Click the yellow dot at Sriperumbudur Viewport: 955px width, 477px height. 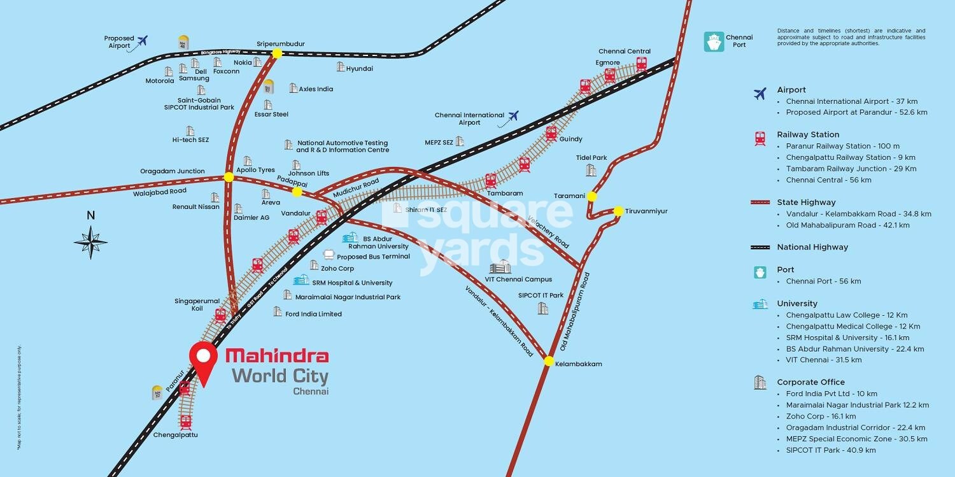pos(277,54)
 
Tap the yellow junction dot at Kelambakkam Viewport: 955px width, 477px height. pos(549,361)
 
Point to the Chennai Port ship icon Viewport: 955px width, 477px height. pos(714,42)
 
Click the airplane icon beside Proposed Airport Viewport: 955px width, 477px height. pos(142,41)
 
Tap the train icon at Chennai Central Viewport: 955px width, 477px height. pos(642,64)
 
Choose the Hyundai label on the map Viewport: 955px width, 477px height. pos(359,68)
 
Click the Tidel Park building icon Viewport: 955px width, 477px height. pos(591,170)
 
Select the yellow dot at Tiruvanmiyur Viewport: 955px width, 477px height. pos(618,211)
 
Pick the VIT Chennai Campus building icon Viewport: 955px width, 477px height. pos(500,267)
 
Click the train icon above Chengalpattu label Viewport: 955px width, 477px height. pos(186,422)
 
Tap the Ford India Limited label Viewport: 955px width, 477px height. pos(313,314)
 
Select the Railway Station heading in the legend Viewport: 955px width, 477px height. pos(808,134)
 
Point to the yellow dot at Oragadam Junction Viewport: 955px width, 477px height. pos(229,177)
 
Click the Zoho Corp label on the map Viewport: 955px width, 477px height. pos(337,269)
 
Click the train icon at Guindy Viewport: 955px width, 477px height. pos(551,134)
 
